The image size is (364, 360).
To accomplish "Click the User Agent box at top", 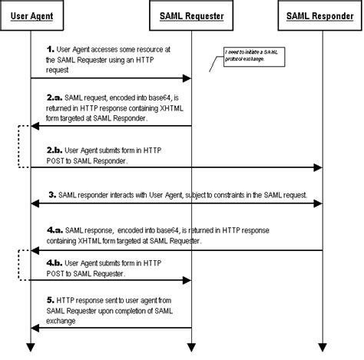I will point(31,15).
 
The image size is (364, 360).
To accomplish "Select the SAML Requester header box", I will point(190,15).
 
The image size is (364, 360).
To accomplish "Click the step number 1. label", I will point(51,48).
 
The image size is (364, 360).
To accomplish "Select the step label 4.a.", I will point(55,230).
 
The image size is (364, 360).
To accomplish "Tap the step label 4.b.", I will point(55,263).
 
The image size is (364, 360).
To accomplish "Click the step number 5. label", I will point(51,299).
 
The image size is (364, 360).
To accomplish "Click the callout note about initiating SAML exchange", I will point(250,56).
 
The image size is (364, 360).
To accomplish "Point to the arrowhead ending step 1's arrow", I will point(187,78).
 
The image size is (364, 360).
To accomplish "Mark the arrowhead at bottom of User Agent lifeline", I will point(31,347).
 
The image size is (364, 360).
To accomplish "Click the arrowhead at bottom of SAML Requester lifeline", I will point(190,347).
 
